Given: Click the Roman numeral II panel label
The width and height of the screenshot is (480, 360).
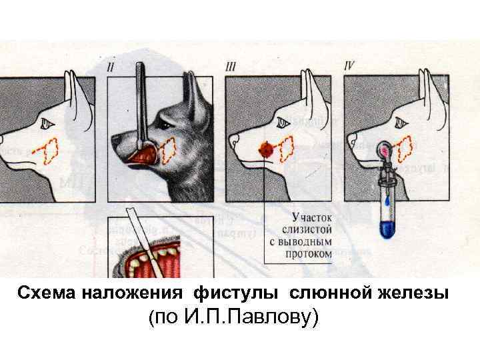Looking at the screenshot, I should coord(111,67).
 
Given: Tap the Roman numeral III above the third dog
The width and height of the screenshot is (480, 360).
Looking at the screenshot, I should coord(232,67).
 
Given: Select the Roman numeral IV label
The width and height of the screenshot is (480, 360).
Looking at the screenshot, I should coord(349,67).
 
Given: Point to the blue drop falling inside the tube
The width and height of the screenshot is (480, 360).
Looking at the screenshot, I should coord(386,198).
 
